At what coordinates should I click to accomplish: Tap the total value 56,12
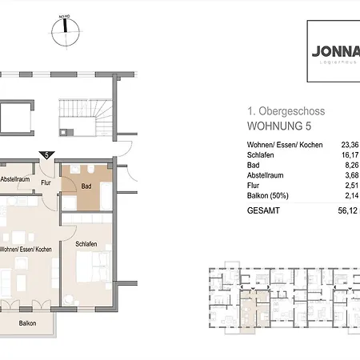(347, 212)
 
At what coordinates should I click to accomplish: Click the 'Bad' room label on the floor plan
(86, 188)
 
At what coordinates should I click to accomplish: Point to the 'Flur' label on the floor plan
(46, 182)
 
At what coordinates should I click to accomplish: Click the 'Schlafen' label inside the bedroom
(86, 244)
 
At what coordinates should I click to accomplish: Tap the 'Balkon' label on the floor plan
(29, 323)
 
